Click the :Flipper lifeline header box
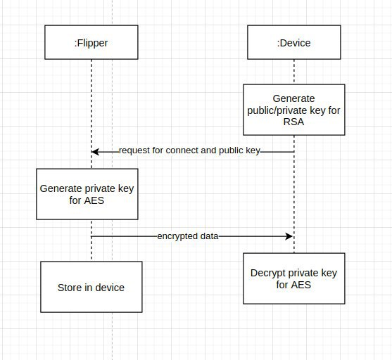point(91,42)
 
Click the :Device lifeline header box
point(294,42)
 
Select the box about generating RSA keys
point(294,110)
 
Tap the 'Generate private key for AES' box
point(87,194)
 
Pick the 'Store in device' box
point(91,287)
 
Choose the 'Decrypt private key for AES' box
point(294,278)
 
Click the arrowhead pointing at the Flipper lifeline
point(95,152)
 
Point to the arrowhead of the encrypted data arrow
point(289,236)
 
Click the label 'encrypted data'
point(188,236)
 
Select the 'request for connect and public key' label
point(189,150)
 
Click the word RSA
point(293,122)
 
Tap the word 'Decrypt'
point(267,274)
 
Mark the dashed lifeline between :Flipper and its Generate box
point(91,114)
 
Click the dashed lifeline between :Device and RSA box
point(294,72)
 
